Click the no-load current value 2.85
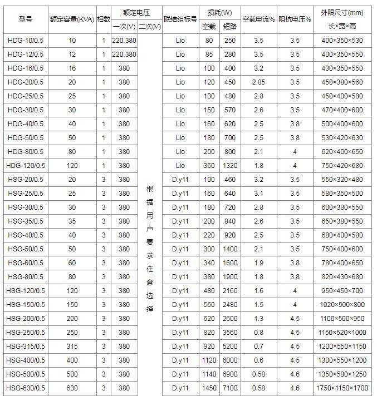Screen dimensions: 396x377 (x=258, y=82)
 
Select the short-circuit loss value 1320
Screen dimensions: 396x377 (x=230, y=166)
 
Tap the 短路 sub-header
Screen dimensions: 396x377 (x=230, y=27)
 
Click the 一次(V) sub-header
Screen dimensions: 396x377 (x=124, y=27)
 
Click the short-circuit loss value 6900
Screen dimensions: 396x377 (x=230, y=374)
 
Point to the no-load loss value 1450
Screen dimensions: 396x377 (x=209, y=388)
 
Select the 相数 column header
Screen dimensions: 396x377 (x=104, y=19)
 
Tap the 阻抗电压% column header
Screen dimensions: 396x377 (x=295, y=19)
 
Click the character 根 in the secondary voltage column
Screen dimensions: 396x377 (x=149, y=189)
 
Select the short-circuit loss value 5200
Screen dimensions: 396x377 (x=230, y=346)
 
